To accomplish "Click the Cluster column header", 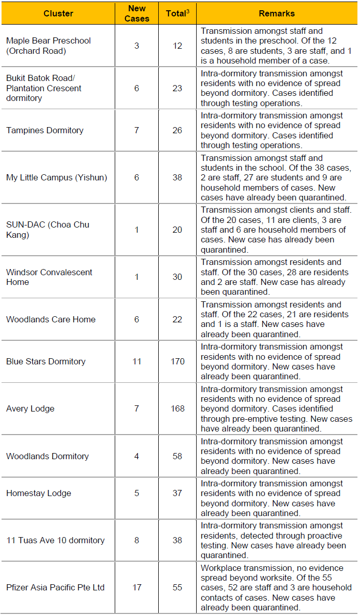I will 58,13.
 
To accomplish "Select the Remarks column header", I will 277,13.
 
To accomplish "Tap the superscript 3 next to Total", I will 188,10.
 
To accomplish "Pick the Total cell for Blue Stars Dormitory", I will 177,361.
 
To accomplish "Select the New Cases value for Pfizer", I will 137,587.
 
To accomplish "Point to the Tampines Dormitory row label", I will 45,130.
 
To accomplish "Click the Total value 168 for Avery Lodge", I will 177,408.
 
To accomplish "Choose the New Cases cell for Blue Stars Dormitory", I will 137,361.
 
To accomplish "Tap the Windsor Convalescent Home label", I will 49,277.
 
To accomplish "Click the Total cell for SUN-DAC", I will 177,230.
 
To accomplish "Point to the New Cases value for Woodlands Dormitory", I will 137,456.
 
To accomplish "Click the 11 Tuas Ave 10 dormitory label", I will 55,540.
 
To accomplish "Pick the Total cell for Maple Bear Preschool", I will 177,46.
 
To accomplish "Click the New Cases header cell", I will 137,13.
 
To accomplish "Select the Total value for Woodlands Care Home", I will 177,319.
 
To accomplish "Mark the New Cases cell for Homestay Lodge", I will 137,493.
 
